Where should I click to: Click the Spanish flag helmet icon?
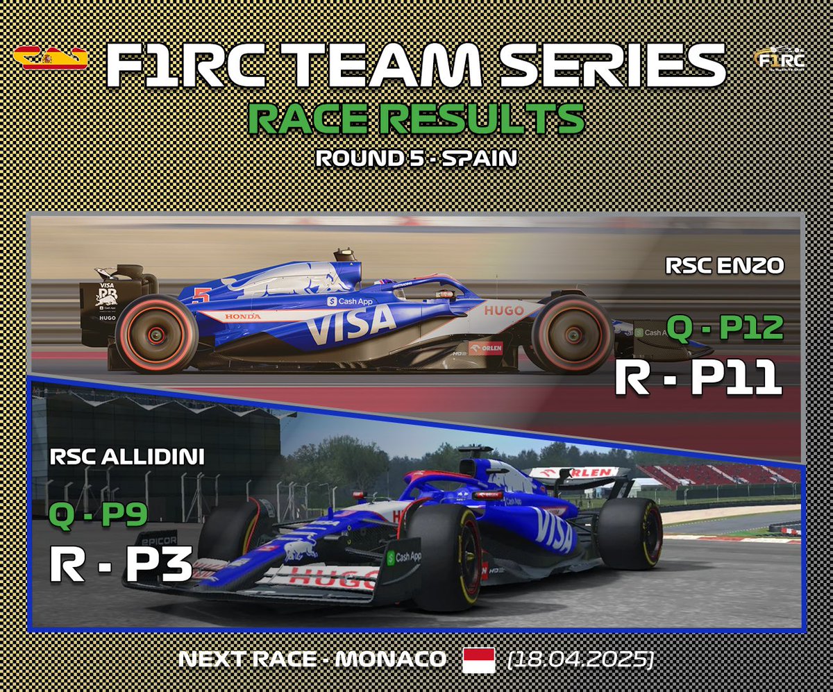50,58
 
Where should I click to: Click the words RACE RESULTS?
416,119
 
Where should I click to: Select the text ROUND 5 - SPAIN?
416,158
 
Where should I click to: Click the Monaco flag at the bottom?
479,659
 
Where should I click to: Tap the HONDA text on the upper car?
243,316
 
